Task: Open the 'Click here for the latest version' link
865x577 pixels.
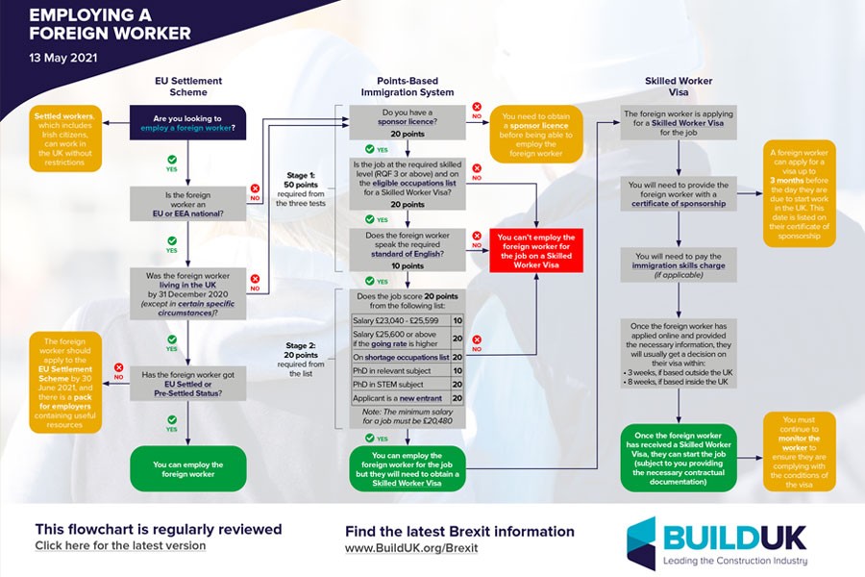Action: coord(120,546)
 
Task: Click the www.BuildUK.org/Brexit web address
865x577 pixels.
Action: coord(410,548)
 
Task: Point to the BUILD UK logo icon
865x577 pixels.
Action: coord(640,542)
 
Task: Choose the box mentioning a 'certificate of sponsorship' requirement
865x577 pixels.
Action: coord(679,193)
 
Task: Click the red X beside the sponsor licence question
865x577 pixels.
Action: coord(477,108)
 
